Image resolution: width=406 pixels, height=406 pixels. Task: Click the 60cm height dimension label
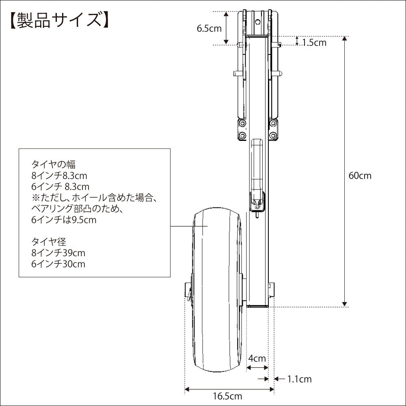pyautogui.click(x=360, y=175)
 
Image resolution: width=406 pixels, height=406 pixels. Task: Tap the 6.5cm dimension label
pyautogui.click(x=209, y=28)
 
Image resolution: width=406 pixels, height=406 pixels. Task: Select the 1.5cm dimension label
pyautogui.click(x=314, y=43)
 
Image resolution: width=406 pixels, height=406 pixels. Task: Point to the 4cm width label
pyautogui.click(x=257, y=358)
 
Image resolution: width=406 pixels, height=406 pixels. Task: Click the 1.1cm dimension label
pyautogui.click(x=300, y=379)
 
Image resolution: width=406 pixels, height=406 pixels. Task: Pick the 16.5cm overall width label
pyautogui.click(x=228, y=396)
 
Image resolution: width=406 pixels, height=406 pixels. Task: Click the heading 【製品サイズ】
pyautogui.click(x=59, y=20)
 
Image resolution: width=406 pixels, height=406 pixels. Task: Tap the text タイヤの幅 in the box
pyautogui.click(x=53, y=164)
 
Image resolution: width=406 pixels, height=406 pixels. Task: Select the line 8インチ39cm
pyautogui.click(x=58, y=253)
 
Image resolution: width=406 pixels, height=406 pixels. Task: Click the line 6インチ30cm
pyautogui.click(x=58, y=264)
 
